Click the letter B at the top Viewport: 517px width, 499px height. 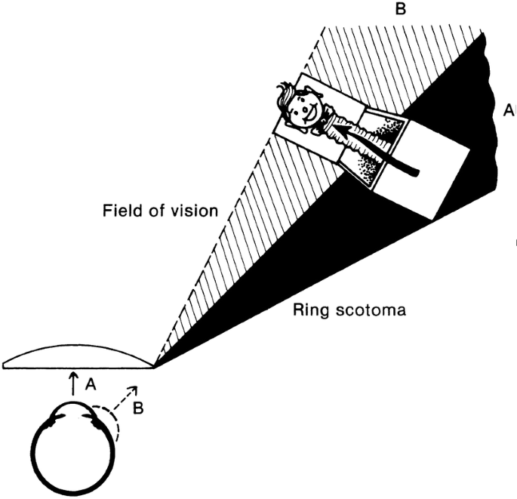pos(400,9)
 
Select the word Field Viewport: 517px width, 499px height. pos(123,211)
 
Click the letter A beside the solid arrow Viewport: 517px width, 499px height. pos(91,384)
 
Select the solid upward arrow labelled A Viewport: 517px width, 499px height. pos(73,383)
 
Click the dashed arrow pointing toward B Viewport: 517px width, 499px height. pos(125,398)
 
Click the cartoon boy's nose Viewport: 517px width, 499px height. pos(305,108)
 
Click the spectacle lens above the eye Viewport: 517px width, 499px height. pos(78,357)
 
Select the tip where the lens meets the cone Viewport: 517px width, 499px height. pos(154,366)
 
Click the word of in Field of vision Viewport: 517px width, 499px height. pos(157,211)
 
